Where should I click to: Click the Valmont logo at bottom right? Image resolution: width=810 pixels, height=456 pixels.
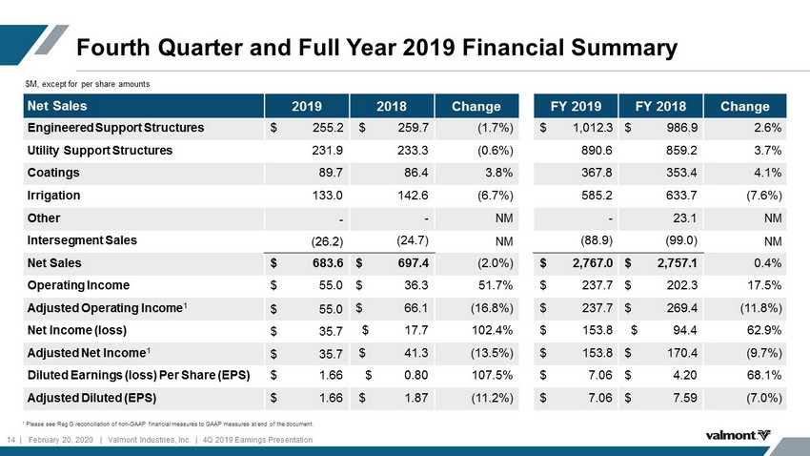[x=738, y=435]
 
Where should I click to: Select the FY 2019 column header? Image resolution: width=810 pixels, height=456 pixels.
[x=576, y=107]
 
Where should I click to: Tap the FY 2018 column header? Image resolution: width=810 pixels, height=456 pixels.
[x=660, y=107]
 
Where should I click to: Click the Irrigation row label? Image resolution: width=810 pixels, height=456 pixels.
[x=53, y=196]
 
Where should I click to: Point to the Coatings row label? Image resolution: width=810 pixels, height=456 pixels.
[x=53, y=173]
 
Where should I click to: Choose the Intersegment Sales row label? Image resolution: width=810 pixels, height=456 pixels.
[x=82, y=240]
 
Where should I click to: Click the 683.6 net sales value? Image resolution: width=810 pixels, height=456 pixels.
[x=327, y=263]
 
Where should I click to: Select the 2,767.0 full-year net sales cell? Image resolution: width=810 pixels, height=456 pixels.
[x=592, y=263]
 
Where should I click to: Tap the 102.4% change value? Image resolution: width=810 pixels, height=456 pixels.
[x=492, y=330]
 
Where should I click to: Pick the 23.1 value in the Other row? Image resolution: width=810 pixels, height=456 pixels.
[x=684, y=218]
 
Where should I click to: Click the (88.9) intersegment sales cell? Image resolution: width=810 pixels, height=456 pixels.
[x=597, y=240]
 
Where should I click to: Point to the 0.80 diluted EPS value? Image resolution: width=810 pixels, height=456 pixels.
[x=415, y=375]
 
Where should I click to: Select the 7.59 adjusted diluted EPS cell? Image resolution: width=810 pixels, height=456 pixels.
[x=684, y=398]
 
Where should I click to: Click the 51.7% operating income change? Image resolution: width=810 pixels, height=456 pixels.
[x=496, y=285]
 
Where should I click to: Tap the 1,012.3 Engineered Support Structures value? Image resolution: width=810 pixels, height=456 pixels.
[x=593, y=128]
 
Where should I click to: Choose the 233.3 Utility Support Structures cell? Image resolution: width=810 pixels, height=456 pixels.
[x=413, y=151]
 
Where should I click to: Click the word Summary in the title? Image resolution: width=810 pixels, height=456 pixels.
[x=624, y=48]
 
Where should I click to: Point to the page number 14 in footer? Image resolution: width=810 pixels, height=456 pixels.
[x=10, y=440]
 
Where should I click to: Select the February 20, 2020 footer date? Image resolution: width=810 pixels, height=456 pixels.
[x=60, y=440]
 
